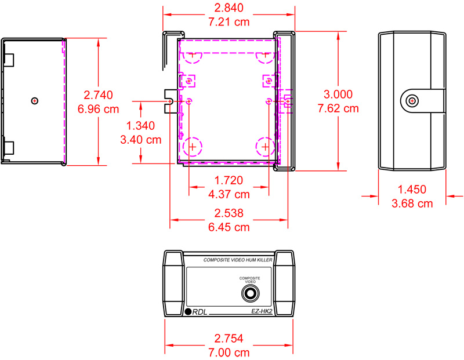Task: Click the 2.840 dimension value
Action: pos(229,8)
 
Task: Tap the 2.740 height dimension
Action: pos(98,94)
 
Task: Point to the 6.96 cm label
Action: pos(98,108)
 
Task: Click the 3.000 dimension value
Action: pos(338,94)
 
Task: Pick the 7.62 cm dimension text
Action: pos(338,108)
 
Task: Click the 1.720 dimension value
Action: pos(229,180)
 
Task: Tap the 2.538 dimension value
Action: pos(229,213)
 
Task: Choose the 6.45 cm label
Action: pos(229,227)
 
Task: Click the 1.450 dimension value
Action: pos(412,190)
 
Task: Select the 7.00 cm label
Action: pos(229,352)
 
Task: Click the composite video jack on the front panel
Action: pos(251,294)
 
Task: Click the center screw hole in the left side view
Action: pos(35,101)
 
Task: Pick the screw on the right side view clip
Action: pos(412,101)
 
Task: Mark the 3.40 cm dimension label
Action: pos(140,140)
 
